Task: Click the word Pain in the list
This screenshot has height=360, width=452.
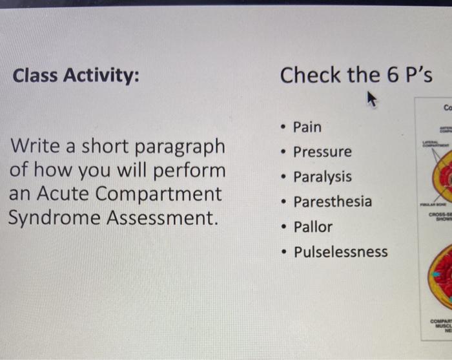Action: pyautogui.click(x=307, y=127)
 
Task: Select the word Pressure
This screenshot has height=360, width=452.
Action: pyautogui.click(x=322, y=152)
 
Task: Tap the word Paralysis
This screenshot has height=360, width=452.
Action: pyautogui.click(x=322, y=176)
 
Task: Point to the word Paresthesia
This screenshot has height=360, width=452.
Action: pyautogui.click(x=333, y=202)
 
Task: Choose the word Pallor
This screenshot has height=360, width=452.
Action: pyautogui.click(x=313, y=227)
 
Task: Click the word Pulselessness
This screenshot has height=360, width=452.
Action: pyautogui.click(x=341, y=251)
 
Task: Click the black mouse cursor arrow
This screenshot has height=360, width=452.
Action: pyautogui.click(x=372, y=99)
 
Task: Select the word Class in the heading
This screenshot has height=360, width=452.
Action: pyautogui.click(x=36, y=76)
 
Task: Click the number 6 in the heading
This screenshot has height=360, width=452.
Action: pyautogui.click(x=393, y=75)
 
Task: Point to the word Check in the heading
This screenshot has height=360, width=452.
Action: pyautogui.click(x=310, y=75)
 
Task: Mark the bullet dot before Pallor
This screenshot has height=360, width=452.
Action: pyautogui.click(x=284, y=227)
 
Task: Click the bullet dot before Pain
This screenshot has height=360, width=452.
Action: pyautogui.click(x=284, y=127)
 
